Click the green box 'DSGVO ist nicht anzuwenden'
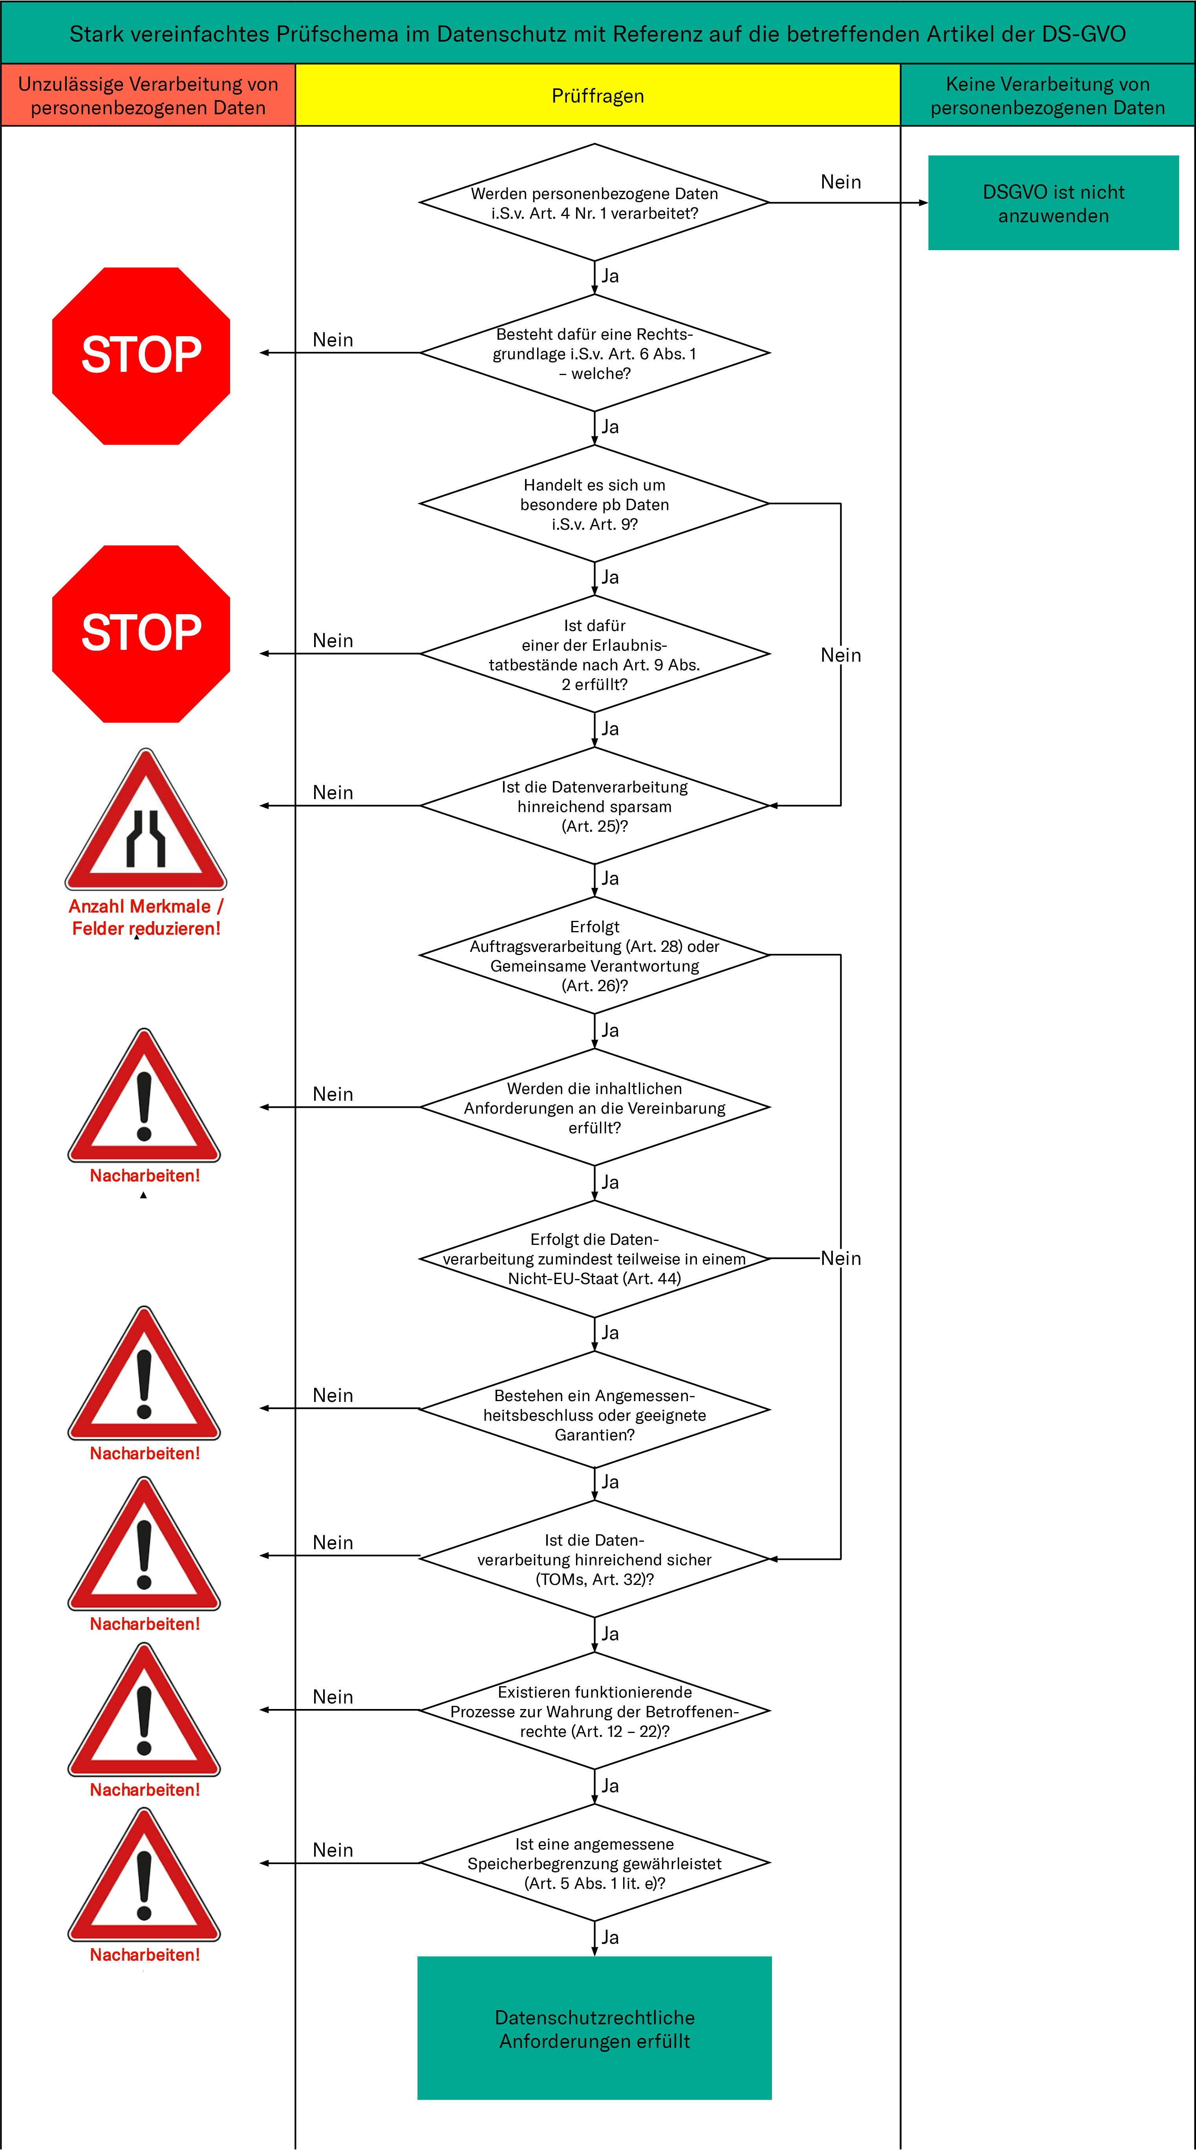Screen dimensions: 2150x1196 click(x=1053, y=203)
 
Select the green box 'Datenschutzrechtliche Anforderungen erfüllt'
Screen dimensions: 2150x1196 click(x=594, y=2028)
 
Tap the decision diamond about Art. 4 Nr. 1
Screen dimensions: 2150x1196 click(x=594, y=203)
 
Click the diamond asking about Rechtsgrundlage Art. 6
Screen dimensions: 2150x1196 click(x=594, y=353)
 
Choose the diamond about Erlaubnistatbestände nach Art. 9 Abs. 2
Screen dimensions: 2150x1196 click(x=594, y=654)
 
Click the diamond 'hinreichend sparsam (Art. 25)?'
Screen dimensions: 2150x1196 click(x=594, y=805)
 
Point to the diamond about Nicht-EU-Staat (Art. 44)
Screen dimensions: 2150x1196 click(x=594, y=1259)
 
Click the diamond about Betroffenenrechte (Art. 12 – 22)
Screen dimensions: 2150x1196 click(x=594, y=1711)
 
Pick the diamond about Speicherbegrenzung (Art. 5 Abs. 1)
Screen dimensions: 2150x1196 click(x=594, y=1863)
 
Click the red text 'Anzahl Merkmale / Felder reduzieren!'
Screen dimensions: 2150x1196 click(x=146, y=917)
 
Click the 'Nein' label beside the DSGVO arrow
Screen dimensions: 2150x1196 click(x=840, y=182)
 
